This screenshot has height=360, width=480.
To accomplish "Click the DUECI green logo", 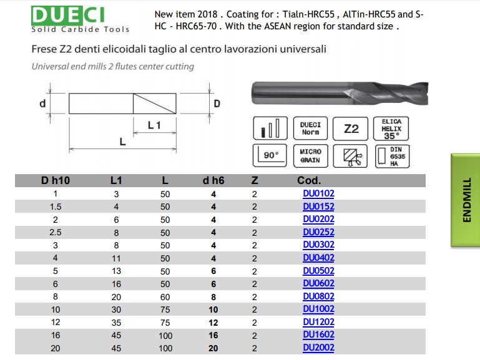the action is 67,15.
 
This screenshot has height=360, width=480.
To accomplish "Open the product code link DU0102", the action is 318,193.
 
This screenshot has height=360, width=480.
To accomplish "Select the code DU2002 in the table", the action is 318,348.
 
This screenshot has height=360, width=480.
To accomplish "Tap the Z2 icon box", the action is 351,129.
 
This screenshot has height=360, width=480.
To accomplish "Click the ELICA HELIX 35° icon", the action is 391,129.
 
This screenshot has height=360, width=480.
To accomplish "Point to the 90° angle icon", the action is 270,156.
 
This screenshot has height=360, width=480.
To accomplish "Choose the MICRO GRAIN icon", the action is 310,156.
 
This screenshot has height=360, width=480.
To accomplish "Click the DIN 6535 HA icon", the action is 392,156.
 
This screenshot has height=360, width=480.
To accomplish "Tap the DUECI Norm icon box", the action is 310,129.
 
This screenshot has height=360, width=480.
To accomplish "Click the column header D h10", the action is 56,180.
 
